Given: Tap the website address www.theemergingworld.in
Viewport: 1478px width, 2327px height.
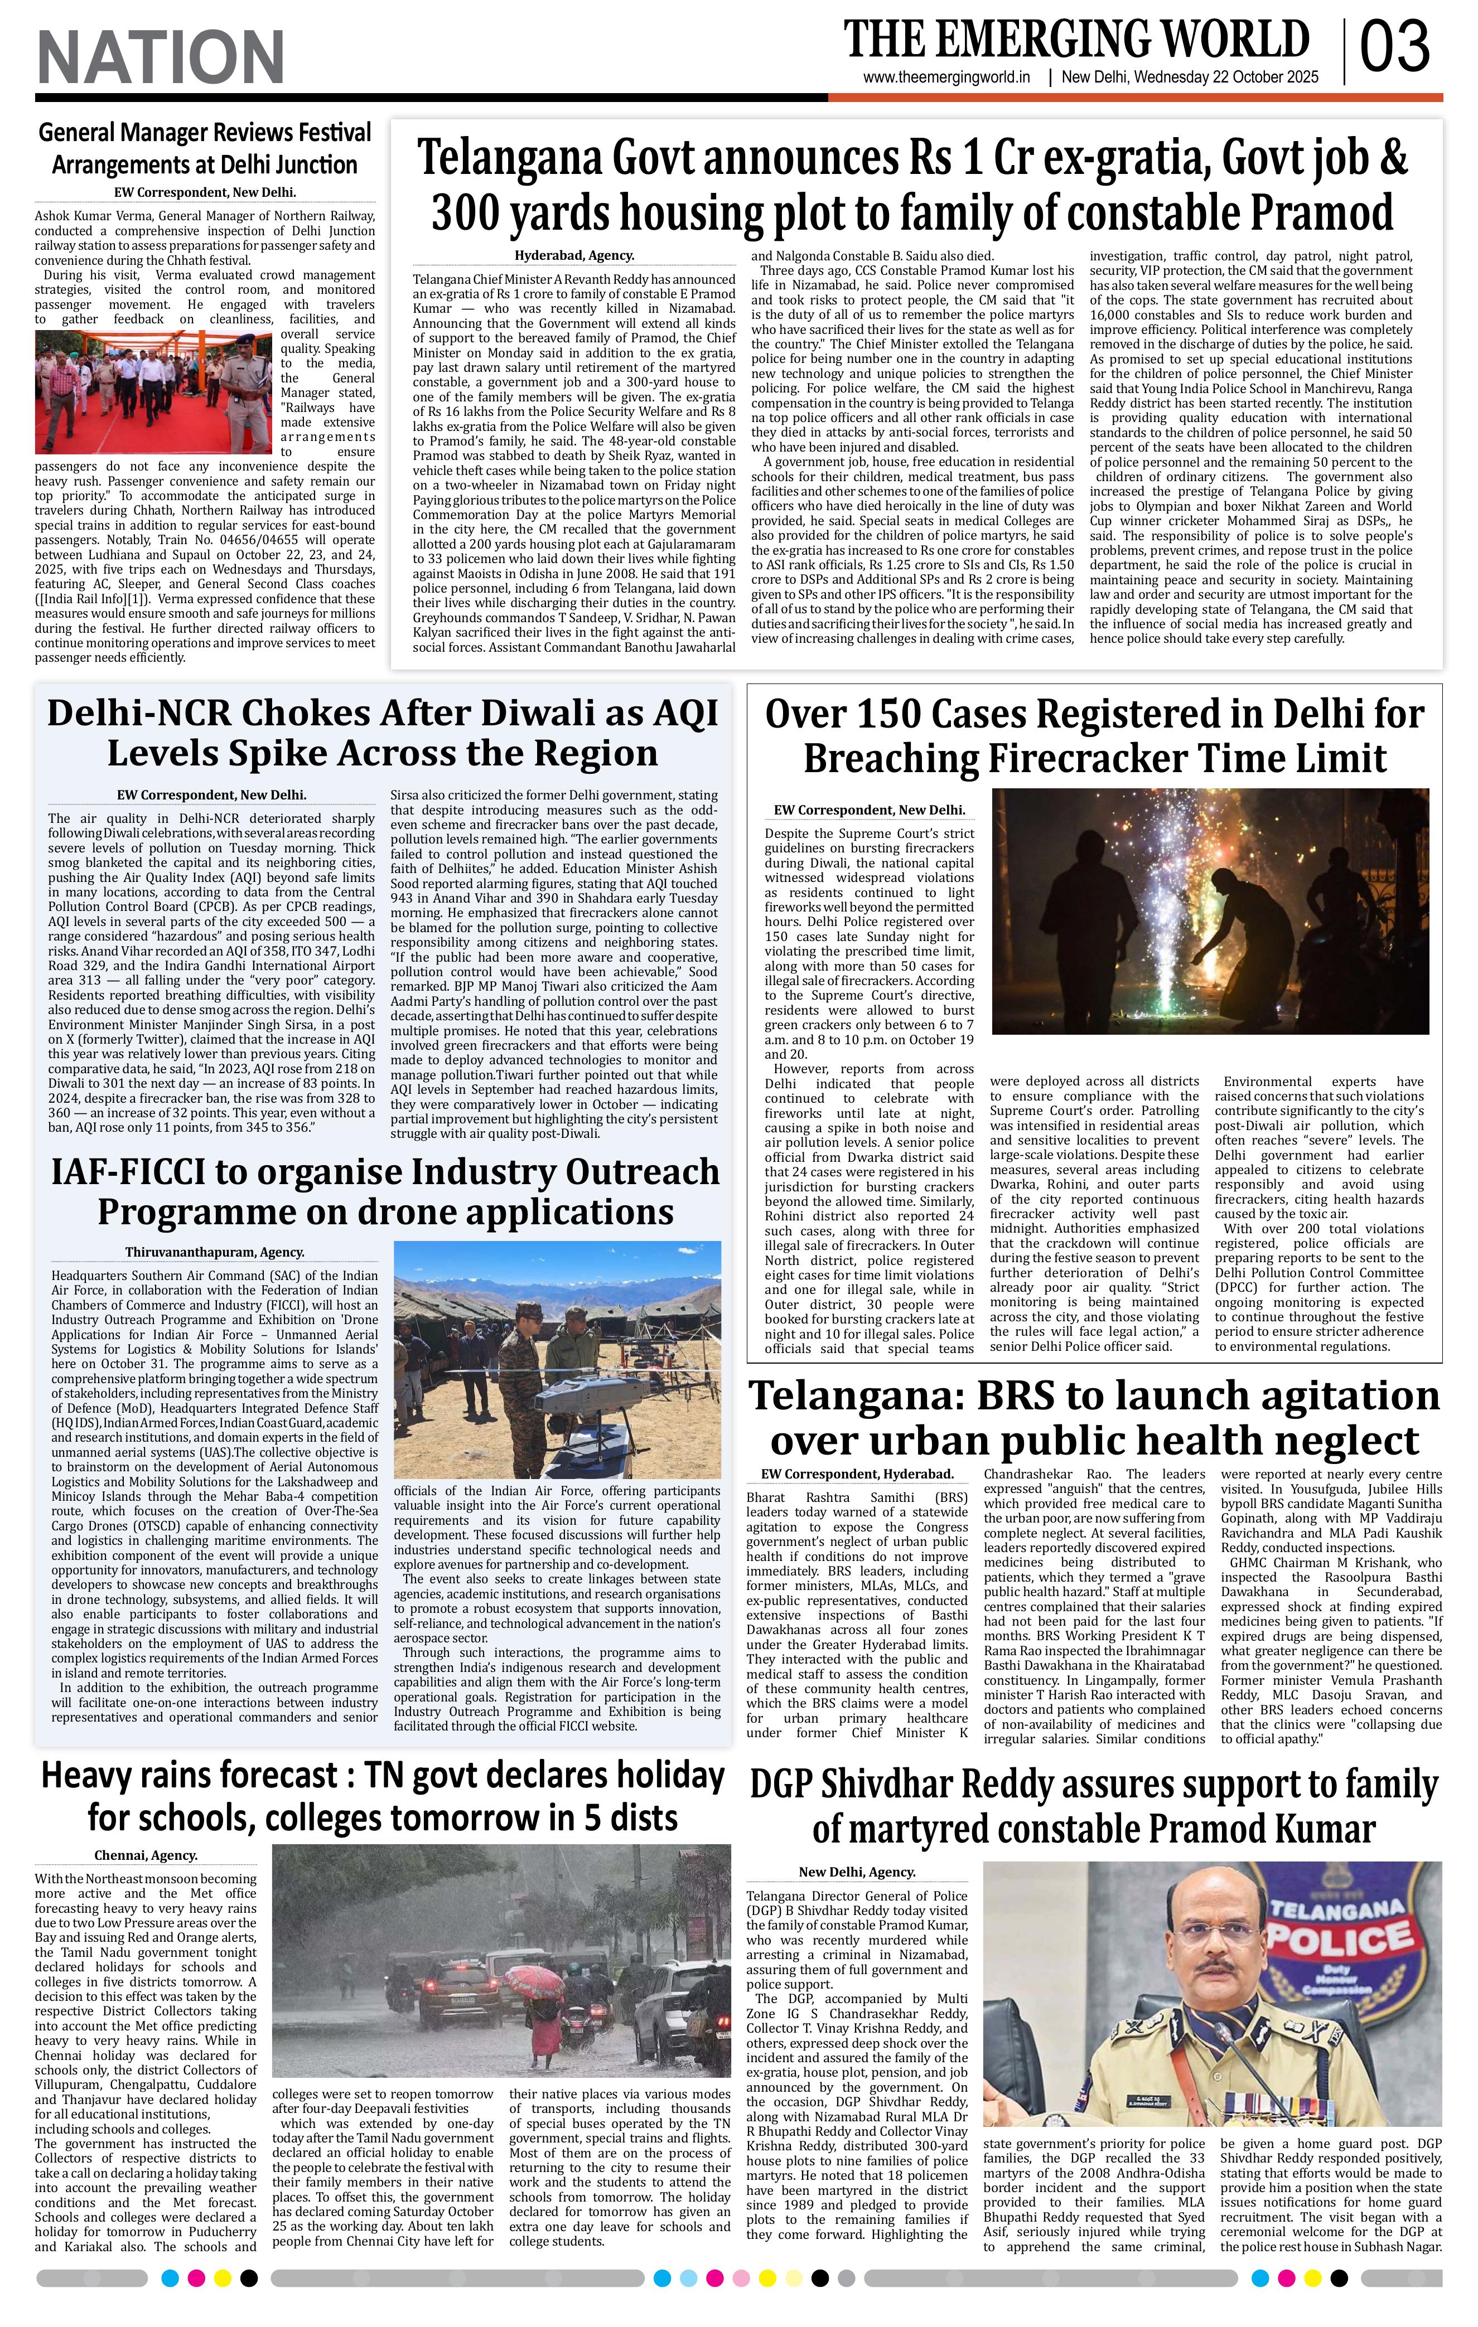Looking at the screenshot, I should tap(946, 78).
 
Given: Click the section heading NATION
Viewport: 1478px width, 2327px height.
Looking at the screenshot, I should tap(161, 56).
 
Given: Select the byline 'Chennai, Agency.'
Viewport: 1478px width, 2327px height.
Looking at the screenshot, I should tap(146, 1854).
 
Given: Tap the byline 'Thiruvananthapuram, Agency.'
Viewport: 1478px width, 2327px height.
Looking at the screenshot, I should tap(215, 1252).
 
